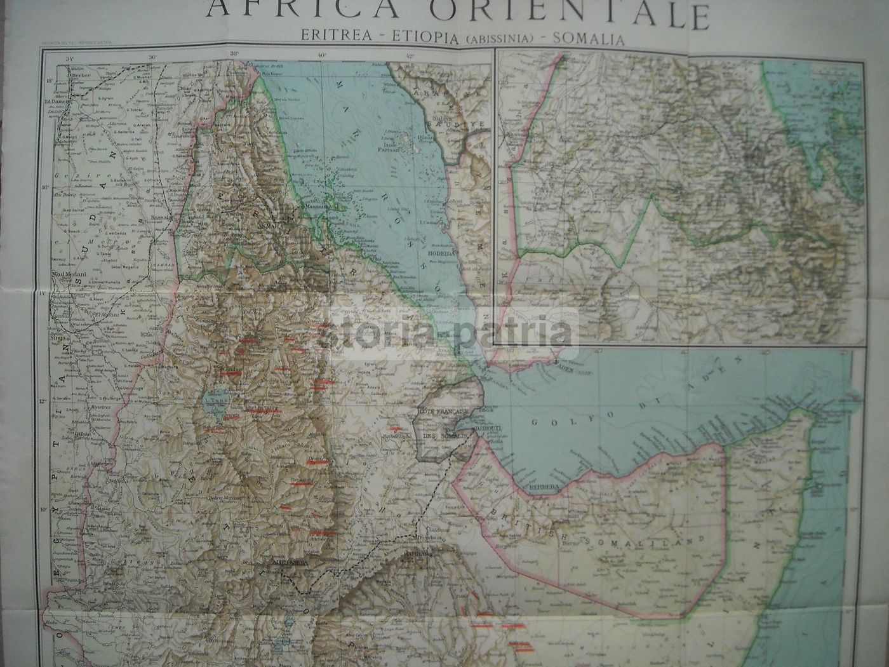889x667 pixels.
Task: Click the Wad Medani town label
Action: (65, 274)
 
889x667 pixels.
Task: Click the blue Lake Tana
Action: (211, 401)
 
